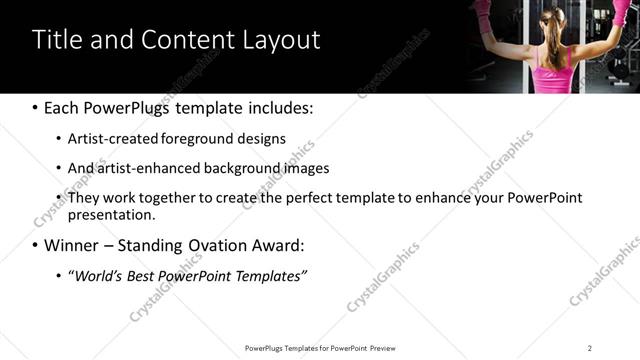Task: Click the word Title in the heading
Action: coord(58,40)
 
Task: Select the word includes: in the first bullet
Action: coord(278,108)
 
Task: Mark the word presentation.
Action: coord(111,214)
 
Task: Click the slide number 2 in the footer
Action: coord(590,347)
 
